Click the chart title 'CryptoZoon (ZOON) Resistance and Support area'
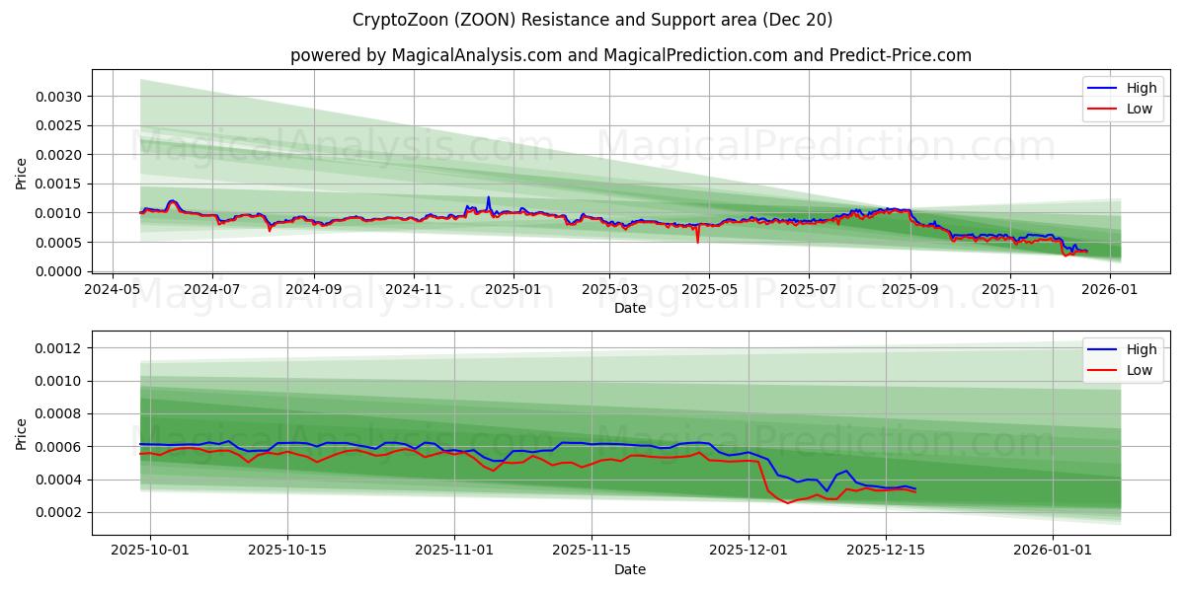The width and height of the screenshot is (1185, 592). pos(592,20)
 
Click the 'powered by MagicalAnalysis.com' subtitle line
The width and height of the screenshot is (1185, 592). pos(630,55)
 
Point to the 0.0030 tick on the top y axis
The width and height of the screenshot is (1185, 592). pos(60,97)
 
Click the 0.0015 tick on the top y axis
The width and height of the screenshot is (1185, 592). pos(60,185)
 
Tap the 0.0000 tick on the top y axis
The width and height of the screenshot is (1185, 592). pos(60,272)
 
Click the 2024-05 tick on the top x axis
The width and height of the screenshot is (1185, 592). pos(112,290)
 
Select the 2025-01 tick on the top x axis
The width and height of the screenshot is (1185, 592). pos(513,290)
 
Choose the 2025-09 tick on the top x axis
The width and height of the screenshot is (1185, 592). pos(910,290)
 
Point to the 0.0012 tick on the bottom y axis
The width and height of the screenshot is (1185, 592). pos(60,348)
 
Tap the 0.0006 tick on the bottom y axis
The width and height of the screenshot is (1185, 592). pos(60,447)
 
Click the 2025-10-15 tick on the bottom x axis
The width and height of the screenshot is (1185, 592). pos(287,552)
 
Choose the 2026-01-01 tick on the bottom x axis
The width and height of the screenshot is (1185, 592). pos(1053,552)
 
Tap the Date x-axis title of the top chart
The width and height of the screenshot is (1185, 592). pos(630,308)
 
